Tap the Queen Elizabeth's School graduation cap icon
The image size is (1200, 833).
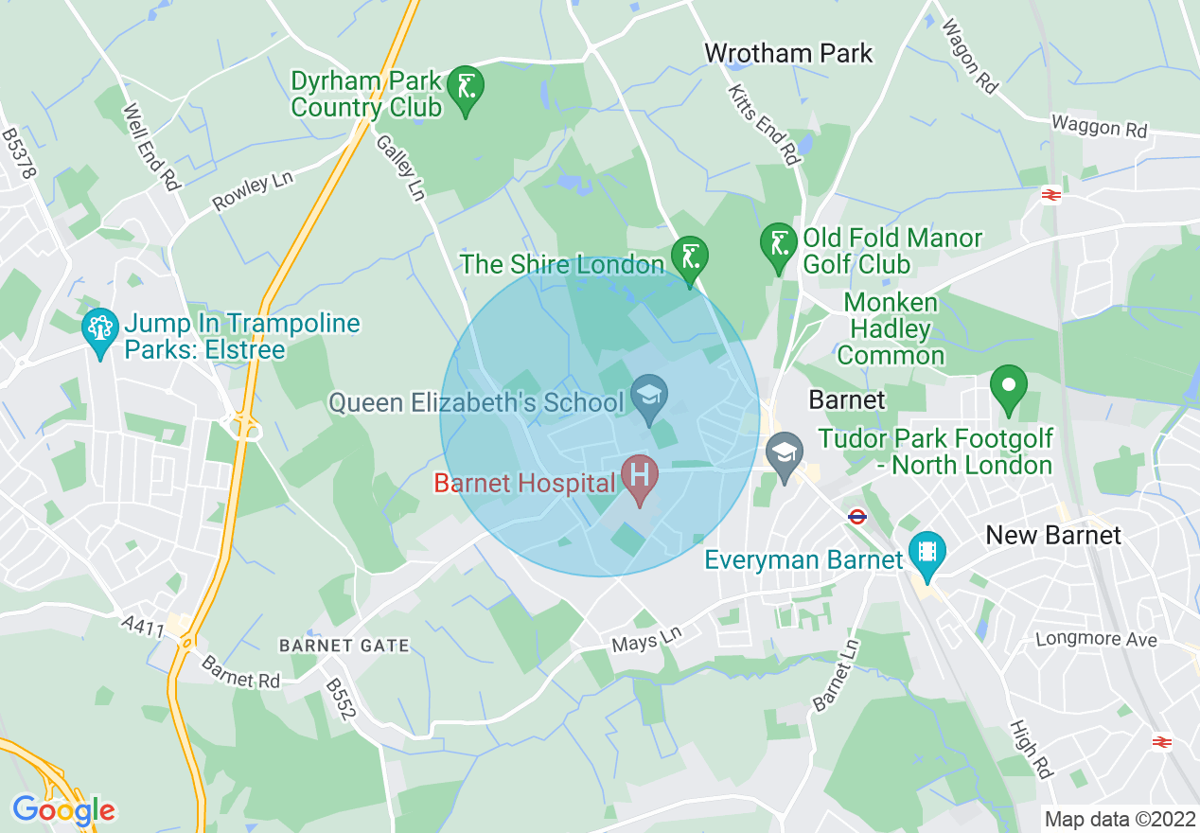tap(650, 399)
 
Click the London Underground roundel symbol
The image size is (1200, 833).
tap(857, 517)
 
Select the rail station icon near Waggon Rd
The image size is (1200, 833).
tap(1050, 195)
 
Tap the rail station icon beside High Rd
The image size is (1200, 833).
tap(1162, 741)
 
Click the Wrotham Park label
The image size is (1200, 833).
tap(788, 53)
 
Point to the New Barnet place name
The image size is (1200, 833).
tap(1052, 535)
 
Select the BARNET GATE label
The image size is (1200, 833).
tap(344, 647)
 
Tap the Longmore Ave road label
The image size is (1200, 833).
tap(1096, 640)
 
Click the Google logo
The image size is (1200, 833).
tap(63, 810)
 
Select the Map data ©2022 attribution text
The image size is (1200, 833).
tap(1118, 818)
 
